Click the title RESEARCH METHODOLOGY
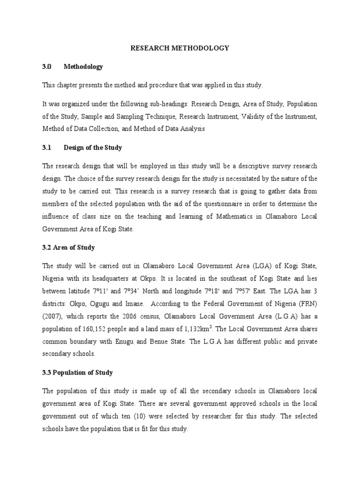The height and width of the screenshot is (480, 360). (180, 48)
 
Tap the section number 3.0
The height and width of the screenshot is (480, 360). (46, 67)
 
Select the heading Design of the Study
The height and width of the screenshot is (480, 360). (93, 148)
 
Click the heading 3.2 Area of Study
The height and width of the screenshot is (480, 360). (68, 247)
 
